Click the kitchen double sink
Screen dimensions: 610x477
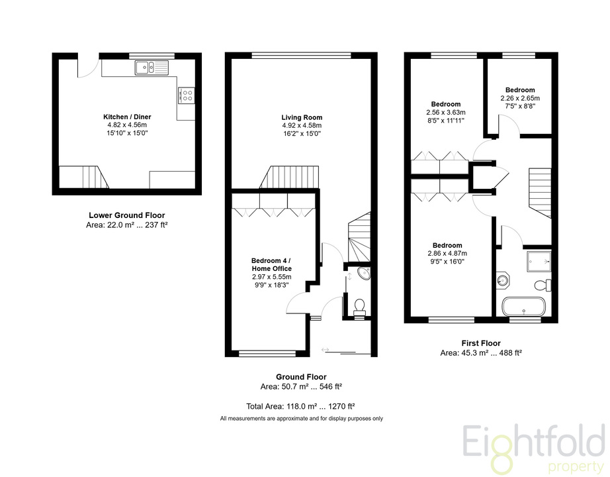click(x=152, y=68)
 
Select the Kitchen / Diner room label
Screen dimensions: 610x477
click(x=127, y=117)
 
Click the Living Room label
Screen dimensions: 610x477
click(x=302, y=117)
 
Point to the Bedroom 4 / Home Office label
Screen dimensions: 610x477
click(x=271, y=264)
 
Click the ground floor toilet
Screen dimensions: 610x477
click(x=359, y=307)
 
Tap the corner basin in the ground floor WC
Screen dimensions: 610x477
click(x=365, y=273)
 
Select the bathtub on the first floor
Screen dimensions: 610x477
click(x=524, y=307)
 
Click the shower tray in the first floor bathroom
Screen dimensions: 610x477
click(x=539, y=262)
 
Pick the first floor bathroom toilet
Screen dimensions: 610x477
click(x=543, y=285)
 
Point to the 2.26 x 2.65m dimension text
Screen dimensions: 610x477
click(x=520, y=98)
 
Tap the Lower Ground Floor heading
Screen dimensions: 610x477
click(x=127, y=215)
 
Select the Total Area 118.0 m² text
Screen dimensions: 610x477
click(x=301, y=407)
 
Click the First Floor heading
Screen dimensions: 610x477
click(x=481, y=343)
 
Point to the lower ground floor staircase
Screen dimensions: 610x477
click(x=83, y=177)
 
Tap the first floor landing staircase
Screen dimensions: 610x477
click(x=540, y=193)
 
